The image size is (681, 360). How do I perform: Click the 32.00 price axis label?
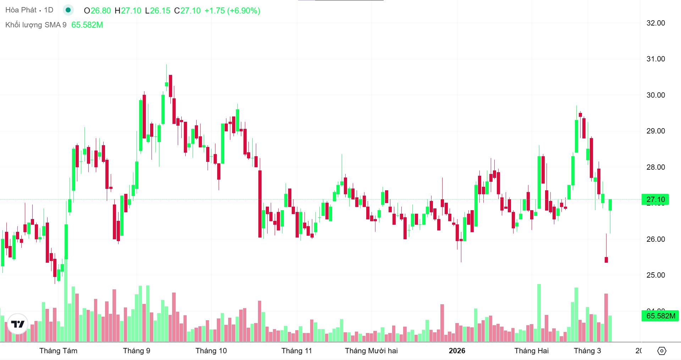(655, 23)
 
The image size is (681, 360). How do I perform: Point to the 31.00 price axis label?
(655, 59)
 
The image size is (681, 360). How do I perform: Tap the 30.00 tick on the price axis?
(655, 95)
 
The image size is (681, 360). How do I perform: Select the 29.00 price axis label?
(655, 131)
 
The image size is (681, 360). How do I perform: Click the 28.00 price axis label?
(655, 167)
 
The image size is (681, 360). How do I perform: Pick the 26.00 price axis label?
(655, 239)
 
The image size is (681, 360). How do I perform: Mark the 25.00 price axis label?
(655, 275)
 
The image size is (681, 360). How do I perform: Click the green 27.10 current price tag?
(655, 200)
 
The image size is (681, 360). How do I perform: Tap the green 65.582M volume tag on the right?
(660, 316)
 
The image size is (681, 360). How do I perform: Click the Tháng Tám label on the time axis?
(58, 351)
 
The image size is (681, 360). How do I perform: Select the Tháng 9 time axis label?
(137, 351)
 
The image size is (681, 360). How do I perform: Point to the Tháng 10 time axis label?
(211, 351)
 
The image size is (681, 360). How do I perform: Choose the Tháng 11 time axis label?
(297, 351)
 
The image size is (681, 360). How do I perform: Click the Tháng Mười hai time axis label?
(371, 351)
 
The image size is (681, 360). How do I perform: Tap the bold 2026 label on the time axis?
(457, 351)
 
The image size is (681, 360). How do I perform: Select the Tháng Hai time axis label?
(531, 351)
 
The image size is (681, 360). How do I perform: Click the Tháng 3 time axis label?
(587, 351)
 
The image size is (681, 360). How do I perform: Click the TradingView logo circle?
(18, 324)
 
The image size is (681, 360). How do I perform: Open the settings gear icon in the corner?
(661, 351)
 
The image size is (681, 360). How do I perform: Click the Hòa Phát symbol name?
(21, 10)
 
